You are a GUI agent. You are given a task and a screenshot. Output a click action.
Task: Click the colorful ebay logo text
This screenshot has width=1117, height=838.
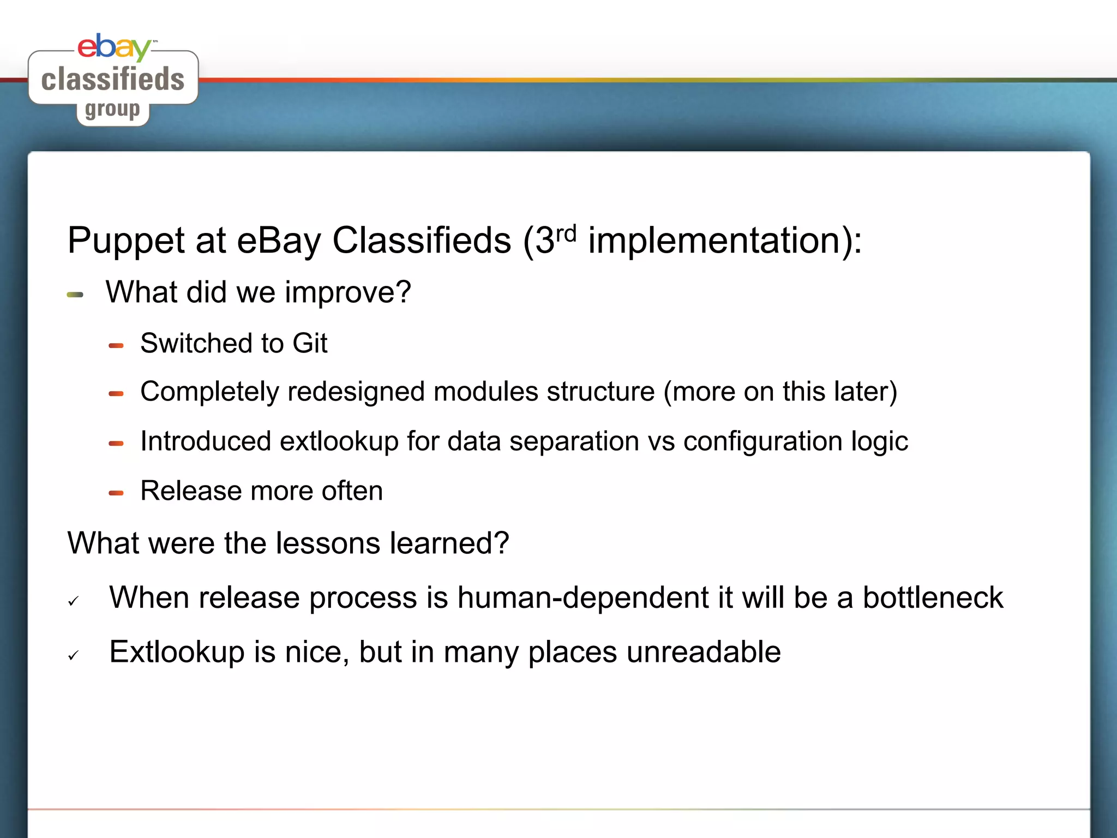(x=113, y=47)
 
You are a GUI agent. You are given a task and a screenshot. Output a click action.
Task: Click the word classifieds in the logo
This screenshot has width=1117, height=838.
(x=113, y=80)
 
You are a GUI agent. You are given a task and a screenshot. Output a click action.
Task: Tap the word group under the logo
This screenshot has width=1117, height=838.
(x=112, y=110)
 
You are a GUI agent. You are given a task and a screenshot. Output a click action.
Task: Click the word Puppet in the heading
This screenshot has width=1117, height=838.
(x=126, y=241)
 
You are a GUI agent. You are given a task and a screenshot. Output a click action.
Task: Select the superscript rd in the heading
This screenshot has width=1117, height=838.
(x=566, y=234)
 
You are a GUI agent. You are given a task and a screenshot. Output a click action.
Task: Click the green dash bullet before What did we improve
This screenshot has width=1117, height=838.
(x=75, y=295)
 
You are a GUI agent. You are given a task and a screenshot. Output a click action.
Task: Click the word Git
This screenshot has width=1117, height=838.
(x=310, y=344)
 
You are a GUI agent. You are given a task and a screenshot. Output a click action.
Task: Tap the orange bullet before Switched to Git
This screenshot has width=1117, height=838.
(x=116, y=345)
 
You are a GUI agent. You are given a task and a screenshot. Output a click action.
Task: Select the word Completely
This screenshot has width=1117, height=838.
(x=209, y=392)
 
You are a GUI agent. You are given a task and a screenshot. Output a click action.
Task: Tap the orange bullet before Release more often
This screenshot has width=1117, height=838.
(x=116, y=493)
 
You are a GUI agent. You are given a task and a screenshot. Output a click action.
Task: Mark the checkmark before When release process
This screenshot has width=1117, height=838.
(x=74, y=601)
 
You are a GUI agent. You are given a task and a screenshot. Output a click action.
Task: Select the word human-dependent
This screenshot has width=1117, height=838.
(x=582, y=597)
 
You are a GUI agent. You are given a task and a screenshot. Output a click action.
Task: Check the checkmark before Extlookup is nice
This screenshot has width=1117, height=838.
(x=74, y=655)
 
